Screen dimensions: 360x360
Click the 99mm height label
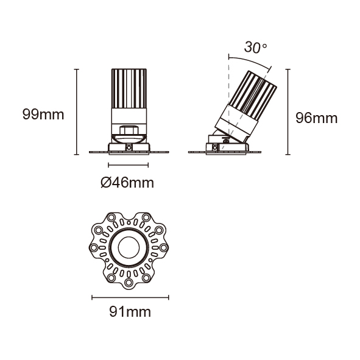[x=43, y=115]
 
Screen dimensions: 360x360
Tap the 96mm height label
[x=316, y=118]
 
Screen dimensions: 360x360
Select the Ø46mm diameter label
[x=127, y=183]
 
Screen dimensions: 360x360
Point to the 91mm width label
[x=130, y=312]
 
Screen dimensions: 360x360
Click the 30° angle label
[x=255, y=48]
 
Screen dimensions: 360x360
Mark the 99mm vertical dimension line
[x=77, y=112]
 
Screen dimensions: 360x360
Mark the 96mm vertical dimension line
[x=288, y=112]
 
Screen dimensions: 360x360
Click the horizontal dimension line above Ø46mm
[x=129, y=165]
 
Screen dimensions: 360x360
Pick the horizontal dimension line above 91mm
[x=130, y=297]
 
